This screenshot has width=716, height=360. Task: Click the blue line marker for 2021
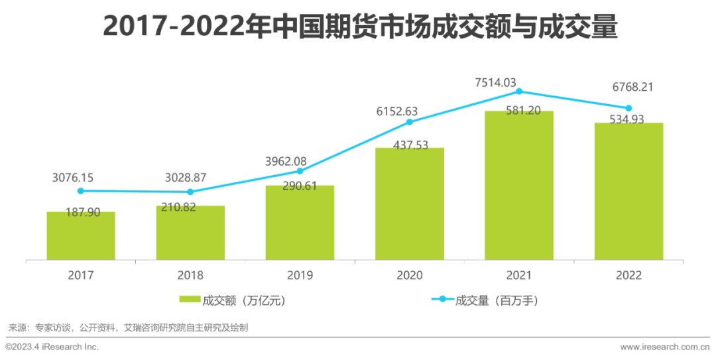point(519,91)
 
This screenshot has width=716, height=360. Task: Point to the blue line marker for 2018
point(190,192)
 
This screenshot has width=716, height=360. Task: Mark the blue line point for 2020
point(410,122)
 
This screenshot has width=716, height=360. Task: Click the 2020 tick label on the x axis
point(410,275)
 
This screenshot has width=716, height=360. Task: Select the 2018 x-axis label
point(190,275)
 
